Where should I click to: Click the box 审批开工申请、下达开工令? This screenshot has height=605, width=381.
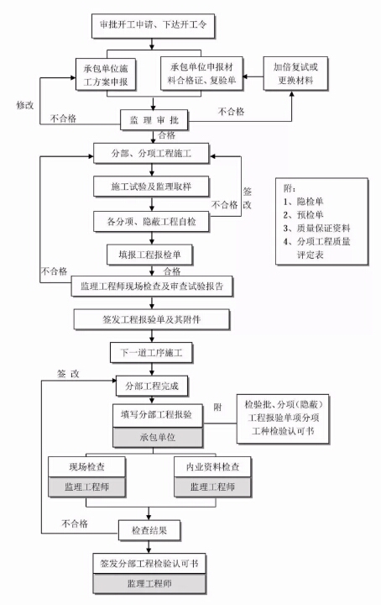[x=153, y=25]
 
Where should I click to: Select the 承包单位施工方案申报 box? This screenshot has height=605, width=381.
[x=106, y=75]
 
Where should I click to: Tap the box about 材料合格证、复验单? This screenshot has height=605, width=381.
[x=201, y=73]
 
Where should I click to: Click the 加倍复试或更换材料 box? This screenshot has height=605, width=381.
[x=295, y=73]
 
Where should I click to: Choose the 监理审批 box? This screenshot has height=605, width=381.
[x=154, y=120]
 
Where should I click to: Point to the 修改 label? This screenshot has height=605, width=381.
[x=25, y=105]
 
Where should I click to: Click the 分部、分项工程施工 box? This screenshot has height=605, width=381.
[x=151, y=154]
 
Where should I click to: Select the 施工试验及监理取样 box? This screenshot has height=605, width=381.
[x=151, y=187]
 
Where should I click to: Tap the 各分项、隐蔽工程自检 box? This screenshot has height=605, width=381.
[x=151, y=222]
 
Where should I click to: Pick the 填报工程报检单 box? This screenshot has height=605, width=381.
[x=149, y=255]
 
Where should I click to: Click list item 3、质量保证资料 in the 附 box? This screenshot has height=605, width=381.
[x=316, y=228]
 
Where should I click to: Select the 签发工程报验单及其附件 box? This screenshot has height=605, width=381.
[x=152, y=319]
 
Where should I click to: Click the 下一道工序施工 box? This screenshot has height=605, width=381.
[x=151, y=353]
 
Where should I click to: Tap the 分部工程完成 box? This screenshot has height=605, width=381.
[x=152, y=386]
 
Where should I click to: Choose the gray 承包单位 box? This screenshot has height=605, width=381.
[x=158, y=437]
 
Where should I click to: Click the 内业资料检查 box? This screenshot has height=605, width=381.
[x=212, y=467]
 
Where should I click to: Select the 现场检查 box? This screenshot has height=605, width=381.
[x=86, y=467]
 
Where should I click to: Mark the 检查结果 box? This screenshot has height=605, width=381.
[x=149, y=530]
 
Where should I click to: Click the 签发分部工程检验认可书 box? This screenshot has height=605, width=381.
[x=149, y=564]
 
